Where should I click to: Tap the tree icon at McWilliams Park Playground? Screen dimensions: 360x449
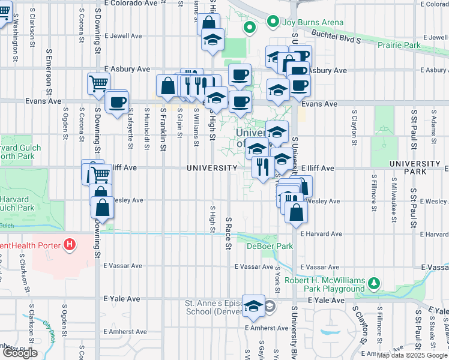pyautogui.click(x=374, y=282)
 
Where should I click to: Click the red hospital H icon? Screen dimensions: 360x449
pyautogui.click(x=70, y=245)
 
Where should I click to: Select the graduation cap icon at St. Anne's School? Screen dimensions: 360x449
pyautogui.click(x=254, y=305)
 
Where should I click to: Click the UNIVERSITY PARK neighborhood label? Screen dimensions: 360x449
pyautogui.click(x=415, y=168)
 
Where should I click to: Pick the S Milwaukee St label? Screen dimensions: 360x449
pyautogui.click(x=393, y=196)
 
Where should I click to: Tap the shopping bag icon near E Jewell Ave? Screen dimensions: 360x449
pyautogui.click(x=208, y=24)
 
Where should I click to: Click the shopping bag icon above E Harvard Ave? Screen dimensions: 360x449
pyautogui.click(x=295, y=212)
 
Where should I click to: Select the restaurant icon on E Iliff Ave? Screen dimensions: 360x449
pyautogui.click(x=262, y=166)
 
